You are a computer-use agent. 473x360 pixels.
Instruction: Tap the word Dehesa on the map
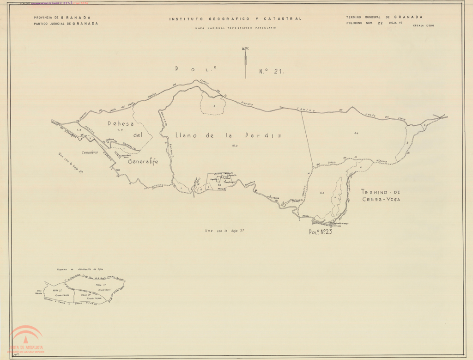click(x=121, y=124)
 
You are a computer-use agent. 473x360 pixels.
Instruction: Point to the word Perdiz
click(x=265, y=136)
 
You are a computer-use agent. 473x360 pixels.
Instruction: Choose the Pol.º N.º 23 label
click(x=321, y=232)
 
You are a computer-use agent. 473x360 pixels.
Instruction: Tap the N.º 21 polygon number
click(x=271, y=72)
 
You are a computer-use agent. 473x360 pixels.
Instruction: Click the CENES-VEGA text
click(x=381, y=200)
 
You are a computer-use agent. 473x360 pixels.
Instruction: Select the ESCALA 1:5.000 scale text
click(x=423, y=26)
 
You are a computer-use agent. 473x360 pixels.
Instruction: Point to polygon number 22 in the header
click(x=380, y=23)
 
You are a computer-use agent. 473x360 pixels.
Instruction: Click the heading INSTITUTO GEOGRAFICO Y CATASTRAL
click(x=235, y=19)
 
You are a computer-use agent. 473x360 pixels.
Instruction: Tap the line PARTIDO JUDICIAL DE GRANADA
click(x=66, y=23)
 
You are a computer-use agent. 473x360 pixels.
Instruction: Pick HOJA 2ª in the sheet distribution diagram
click(x=58, y=290)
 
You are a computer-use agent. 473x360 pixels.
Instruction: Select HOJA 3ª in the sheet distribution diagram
click(x=86, y=294)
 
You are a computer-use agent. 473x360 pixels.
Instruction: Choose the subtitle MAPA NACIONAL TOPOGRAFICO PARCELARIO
click(x=235, y=28)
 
